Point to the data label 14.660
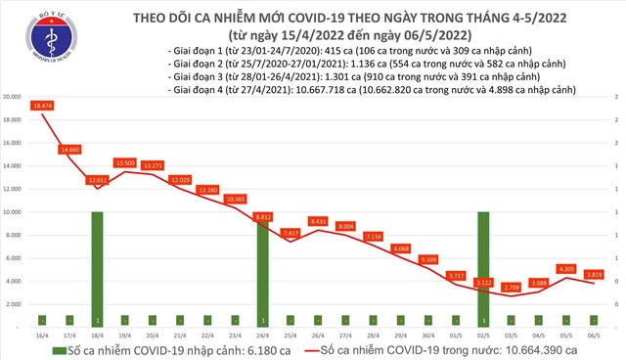coord(69,149)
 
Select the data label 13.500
coord(125,162)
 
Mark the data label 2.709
coord(510,288)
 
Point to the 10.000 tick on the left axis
coord(13,211)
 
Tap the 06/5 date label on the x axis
coord(593,334)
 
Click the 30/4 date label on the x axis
coord(427,334)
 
